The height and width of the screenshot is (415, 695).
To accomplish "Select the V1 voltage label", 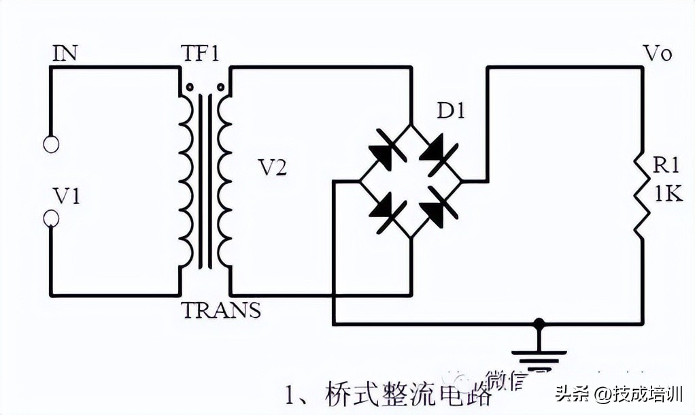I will (x=67, y=197).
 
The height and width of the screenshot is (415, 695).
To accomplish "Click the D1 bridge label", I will (x=450, y=111).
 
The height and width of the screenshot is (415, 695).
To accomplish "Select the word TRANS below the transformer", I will (x=221, y=310).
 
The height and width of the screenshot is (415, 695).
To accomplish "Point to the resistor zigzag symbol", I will (x=641, y=198).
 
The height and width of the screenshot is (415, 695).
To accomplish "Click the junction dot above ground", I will (x=539, y=322).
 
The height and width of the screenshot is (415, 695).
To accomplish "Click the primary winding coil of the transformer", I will (x=185, y=180).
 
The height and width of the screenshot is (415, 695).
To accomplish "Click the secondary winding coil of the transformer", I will (x=223, y=180).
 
